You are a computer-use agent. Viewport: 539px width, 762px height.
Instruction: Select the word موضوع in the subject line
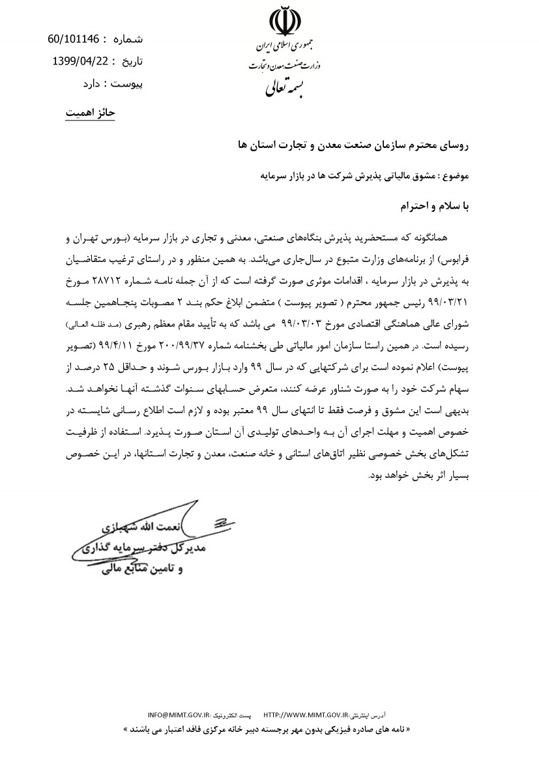pyautogui.click(x=456, y=176)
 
